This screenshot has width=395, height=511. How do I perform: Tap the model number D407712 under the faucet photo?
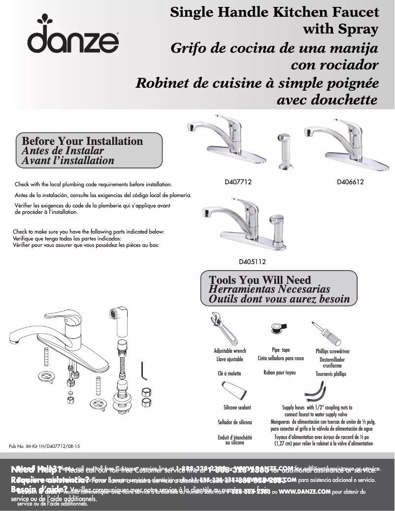(x=238, y=182)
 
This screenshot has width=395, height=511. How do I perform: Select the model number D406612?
(x=350, y=182)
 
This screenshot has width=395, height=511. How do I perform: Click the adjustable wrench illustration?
(x=224, y=328)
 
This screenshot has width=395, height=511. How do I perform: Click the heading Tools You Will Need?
(x=253, y=280)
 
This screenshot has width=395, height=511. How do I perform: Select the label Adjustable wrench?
(x=230, y=351)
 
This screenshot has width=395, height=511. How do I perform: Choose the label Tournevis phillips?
(x=330, y=374)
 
